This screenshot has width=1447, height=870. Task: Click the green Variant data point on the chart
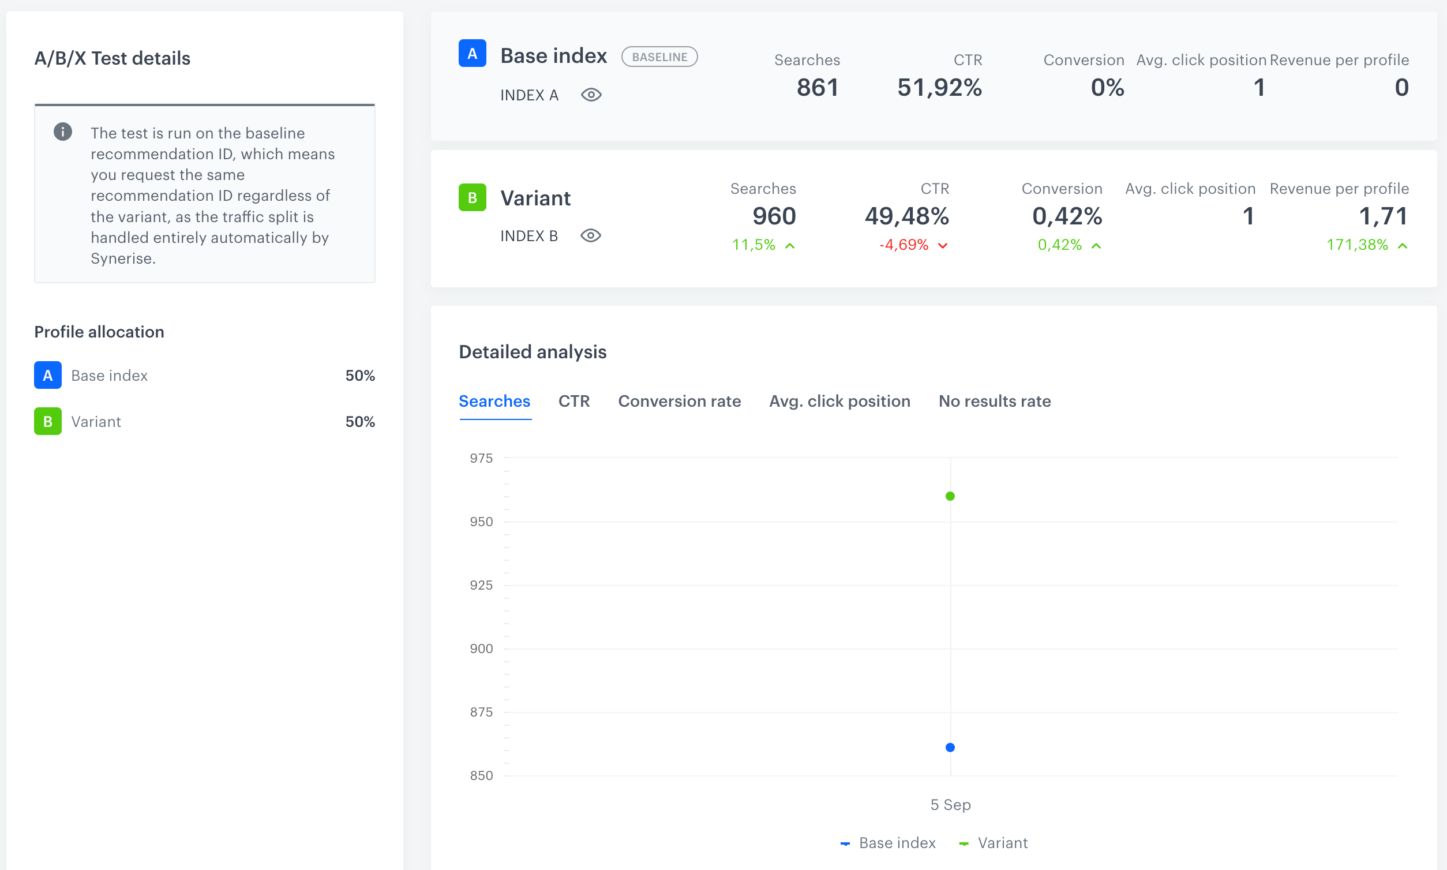tap(950, 496)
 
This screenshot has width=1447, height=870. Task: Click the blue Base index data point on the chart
tap(950, 747)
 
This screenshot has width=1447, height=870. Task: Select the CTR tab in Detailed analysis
tap(573, 401)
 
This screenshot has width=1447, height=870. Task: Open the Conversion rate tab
tap(679, 401)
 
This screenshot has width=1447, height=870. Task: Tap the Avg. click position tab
tap(839, 401)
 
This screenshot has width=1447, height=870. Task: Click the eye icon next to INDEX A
tap(591, 95)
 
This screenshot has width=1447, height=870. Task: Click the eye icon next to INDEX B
tap(590, 235)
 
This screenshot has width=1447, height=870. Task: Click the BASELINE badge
tap(659, 57)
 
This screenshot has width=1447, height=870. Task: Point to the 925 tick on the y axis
tap(481, 585)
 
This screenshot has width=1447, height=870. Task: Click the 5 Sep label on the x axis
tap(950, 804)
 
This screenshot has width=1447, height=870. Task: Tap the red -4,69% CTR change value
tap(904, 245)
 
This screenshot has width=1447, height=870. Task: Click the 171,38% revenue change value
tap(1357, 245)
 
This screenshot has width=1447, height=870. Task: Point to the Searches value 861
tap(818, 87)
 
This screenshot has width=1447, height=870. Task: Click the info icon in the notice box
tap(63, 132)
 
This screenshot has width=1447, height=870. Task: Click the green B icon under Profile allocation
tap(47, 421)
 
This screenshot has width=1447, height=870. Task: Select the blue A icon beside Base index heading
tap(472, 53)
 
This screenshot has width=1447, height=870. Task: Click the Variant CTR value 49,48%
tap(906, 216)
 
